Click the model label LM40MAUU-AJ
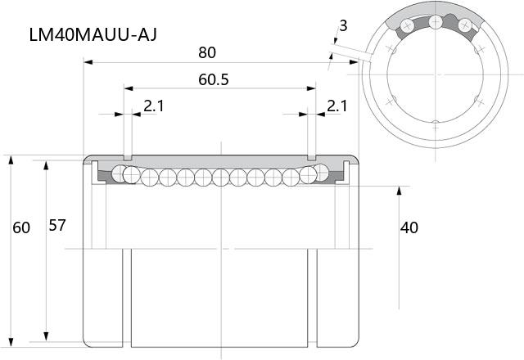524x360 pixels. pyautogui.click(x=93, y=34)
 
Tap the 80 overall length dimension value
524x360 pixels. pyautogui.click(x=207, y=52)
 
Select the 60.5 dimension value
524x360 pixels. pyautogui.click(x=214, y=80)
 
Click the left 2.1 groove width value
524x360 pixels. pyautogui.click(x=154, y=106)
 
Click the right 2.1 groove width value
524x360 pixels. pyautogui.click(x=337, y=106)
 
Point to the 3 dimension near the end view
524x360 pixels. pyautogui.click(x=343, y=25)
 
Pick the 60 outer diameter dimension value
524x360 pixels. pyautogui.click(x=21, y=227)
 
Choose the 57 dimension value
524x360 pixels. pyautogui.click(x=57, y=226)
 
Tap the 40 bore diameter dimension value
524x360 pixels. pyautogui.click(x=409, y=227)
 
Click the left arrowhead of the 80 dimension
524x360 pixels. pyautogui.click(x=88, y=62)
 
